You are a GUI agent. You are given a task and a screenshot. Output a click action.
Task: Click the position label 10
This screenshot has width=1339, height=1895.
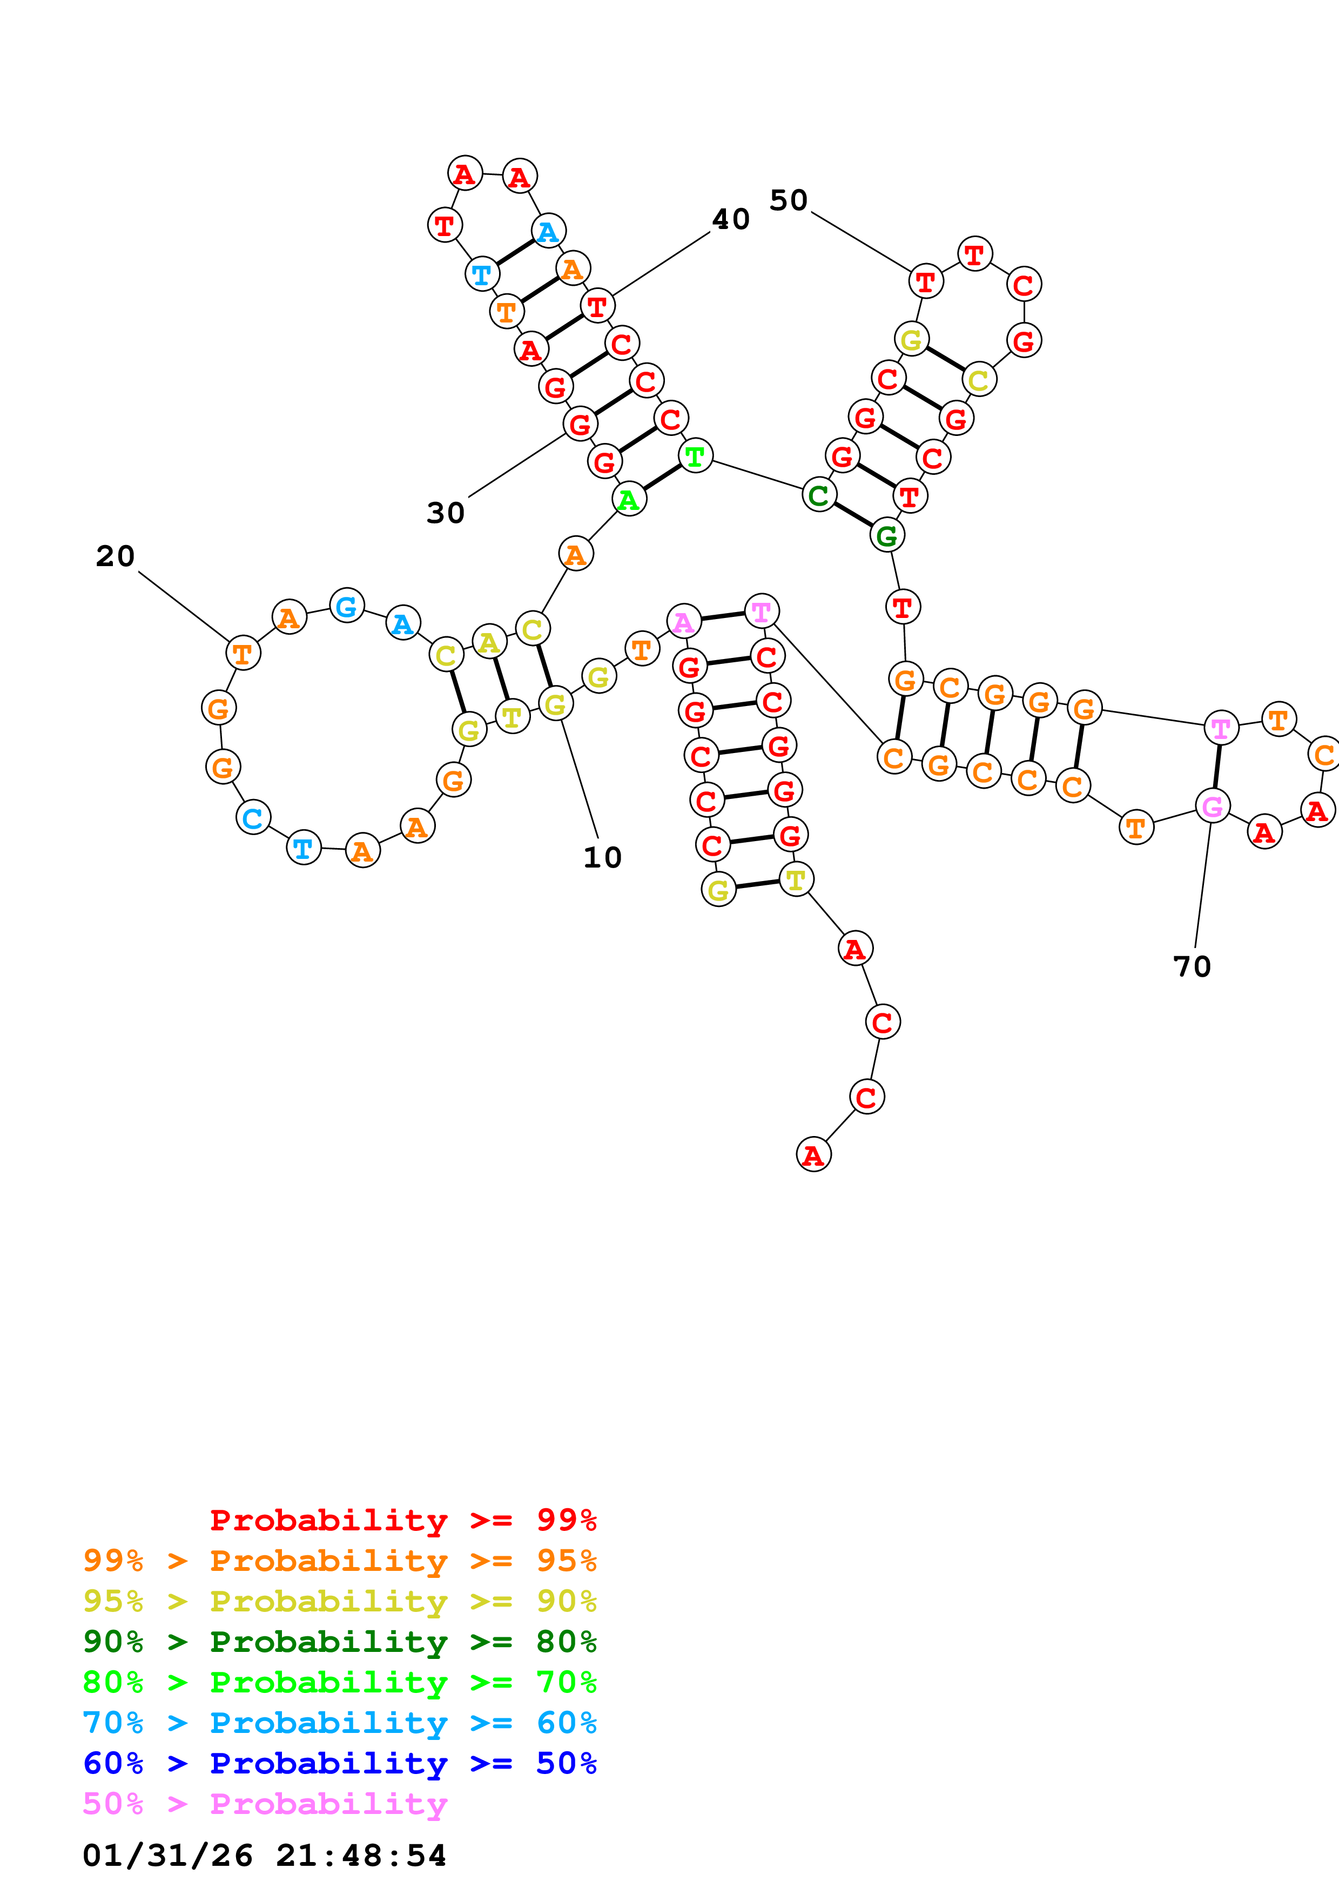coord(602,857)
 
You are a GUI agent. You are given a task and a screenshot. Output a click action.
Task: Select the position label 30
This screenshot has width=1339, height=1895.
coord(446,513)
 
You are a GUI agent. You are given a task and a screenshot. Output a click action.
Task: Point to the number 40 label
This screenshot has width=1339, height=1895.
coord(730,219)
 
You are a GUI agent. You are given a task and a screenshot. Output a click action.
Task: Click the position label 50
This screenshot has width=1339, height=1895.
coord(788,200)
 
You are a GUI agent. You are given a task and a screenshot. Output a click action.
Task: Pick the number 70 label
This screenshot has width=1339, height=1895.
coord(1192,966)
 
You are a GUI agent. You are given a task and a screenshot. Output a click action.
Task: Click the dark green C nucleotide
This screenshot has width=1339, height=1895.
coord(818,495)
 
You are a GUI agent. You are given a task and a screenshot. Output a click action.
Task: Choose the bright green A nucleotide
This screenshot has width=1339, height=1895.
coord(629,499)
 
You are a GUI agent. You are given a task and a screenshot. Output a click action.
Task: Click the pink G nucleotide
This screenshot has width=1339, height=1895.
coord(1212,807)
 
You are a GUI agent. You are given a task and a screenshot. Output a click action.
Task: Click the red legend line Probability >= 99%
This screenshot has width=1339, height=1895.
coord(402,1520)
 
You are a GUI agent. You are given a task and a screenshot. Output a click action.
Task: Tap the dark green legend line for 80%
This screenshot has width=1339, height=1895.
coord(339,1642)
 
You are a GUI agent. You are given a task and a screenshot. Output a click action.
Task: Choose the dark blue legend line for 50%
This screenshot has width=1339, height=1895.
coord(339,1763)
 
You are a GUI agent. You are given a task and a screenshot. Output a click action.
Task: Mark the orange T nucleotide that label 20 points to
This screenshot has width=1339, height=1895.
coord(243,654)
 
